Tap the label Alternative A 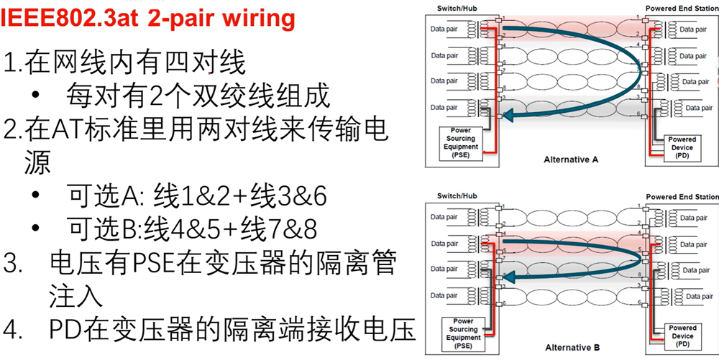[x=572, y=159]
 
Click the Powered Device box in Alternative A [x=682, y=147]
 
